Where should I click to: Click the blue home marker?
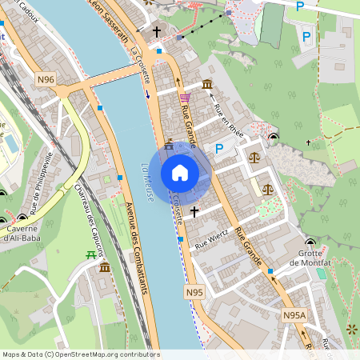(x=180, y=173)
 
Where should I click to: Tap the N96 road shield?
(x=46, y=79)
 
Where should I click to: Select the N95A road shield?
(x=294, y=316)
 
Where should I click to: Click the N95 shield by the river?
(x=194, y=293)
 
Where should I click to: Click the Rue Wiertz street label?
(x=212, y=238)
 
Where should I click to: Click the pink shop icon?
(x=185, y=97)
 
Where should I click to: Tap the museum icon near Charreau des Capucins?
(x=105, y=266)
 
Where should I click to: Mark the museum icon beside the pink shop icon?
(x=207, y=85)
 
